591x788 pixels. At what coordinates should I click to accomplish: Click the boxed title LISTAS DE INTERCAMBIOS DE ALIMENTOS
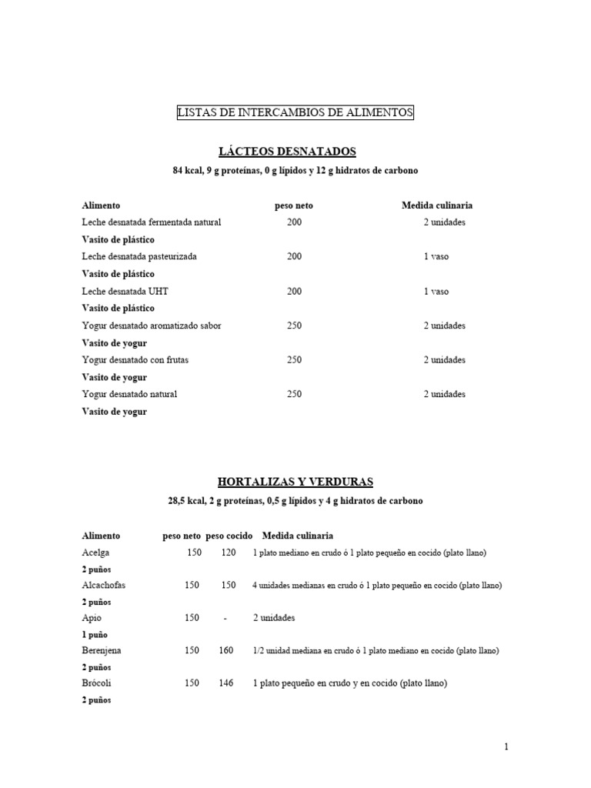[295, 113]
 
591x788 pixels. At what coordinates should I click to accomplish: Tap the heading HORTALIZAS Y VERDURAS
[295, 482]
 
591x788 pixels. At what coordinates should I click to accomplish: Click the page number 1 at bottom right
[506, 746]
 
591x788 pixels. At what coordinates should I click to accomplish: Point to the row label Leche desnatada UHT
[125, 292]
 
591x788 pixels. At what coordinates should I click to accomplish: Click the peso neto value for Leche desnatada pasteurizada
[295, 256]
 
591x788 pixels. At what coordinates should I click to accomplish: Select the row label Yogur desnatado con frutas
[135, 360]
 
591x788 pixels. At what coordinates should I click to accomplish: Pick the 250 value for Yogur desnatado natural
[295, 394]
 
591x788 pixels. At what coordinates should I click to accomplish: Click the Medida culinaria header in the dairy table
[437, 205]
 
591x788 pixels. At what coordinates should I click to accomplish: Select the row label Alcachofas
[103, 586]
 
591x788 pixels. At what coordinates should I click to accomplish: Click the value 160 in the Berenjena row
[226, 650]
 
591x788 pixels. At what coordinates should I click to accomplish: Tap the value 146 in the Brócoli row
[226, 683]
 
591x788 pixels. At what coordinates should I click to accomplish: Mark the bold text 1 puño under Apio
[95, 635]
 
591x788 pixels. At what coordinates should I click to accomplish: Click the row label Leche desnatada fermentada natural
[151, 222]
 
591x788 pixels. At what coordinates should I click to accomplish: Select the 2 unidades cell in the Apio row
[274, 618]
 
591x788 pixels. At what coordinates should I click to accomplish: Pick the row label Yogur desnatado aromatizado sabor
[151, 326]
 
